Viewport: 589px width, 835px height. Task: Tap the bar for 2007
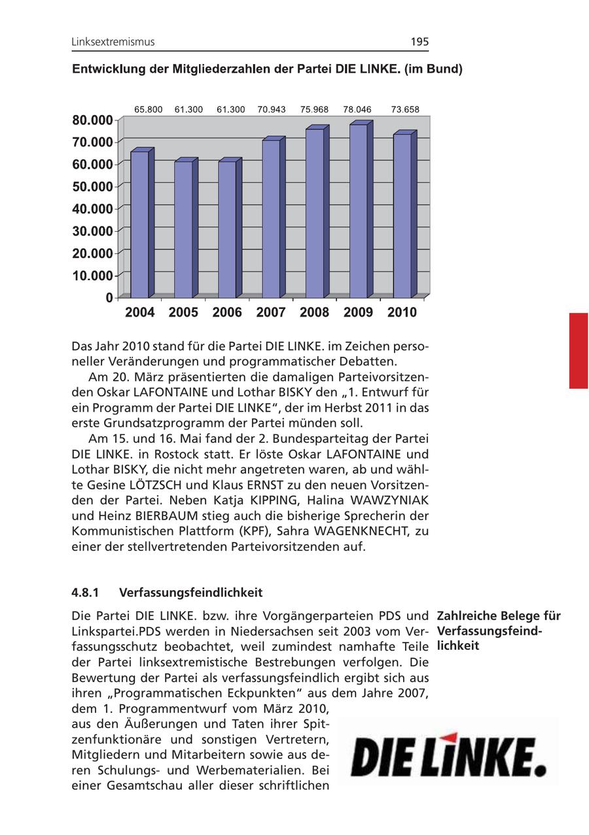pyautogui.click(x=272, y=218)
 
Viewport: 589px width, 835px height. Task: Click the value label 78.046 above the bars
pyautogui.click(x=357, y=110)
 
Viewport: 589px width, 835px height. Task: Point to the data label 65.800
pyautogui.click(x=149, y=110)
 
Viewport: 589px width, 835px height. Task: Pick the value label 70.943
pyautogui.click(x=272, y=110)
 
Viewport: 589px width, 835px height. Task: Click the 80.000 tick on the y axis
pyautogui.click(x=92, y=120)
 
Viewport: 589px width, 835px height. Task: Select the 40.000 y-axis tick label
pyautogui.click(x=92, y=209)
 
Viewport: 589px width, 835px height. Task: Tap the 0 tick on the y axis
pyautogui.click(x=108, y=298)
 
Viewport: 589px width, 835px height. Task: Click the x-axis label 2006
pyautogui.click(x=227, y=313)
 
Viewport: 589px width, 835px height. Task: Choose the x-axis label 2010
pyautogui.click(x=402, y=313)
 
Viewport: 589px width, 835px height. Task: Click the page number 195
pyautogui.click(x=419, y=42)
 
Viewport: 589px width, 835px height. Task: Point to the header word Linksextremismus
pyautogui.click(x=113, y=42)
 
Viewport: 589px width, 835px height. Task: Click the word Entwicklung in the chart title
pyautogui.click(x=109, y=69)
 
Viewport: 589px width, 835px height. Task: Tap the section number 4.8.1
pyautogui.click(x=85, y=593)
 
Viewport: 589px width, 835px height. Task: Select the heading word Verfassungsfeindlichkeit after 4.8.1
pyautogui.click(x=190, y=593)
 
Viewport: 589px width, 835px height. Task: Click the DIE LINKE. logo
pyautogui.click(x=449, y=757)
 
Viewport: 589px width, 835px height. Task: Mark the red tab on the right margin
pyautogui.click(x=579, y=351)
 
